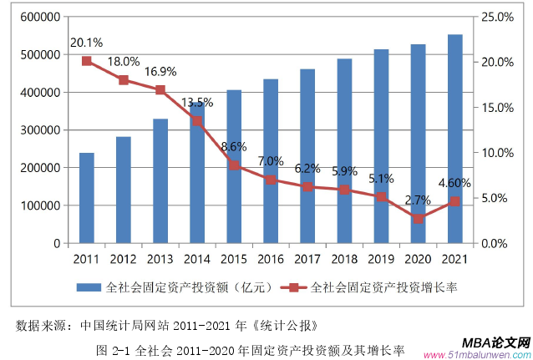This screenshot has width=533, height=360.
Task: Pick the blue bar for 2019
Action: click(381, 146)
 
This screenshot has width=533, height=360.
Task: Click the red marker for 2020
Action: click(418, 218)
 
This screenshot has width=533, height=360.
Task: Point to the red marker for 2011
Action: click(86, 61)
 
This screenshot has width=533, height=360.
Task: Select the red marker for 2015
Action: click(234, 165)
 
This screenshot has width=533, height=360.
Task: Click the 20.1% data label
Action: click(86, 43)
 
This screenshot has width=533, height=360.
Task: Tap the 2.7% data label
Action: click(418, 200)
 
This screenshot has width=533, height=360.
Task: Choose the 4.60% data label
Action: click(454, 183)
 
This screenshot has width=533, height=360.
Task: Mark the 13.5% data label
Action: click(197, 103)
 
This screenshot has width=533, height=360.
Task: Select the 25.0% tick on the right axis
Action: click(498, 17)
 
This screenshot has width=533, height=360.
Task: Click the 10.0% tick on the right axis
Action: click(498, 153)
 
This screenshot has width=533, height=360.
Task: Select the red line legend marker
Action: click(294, 287)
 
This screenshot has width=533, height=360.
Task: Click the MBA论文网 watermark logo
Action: click(495, 343)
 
